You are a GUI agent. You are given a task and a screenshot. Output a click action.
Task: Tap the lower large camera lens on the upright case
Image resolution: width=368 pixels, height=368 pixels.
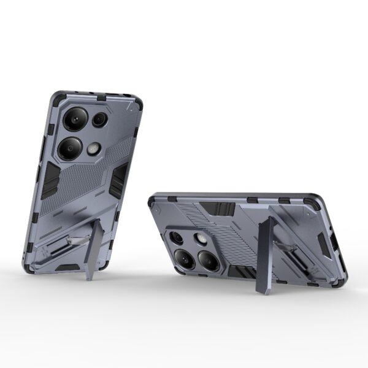coord(70,148)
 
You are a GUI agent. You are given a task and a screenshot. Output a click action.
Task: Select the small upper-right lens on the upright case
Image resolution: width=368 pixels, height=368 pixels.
coord(100,120)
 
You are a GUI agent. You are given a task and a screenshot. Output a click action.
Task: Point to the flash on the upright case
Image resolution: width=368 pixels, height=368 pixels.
coord(94,148)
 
